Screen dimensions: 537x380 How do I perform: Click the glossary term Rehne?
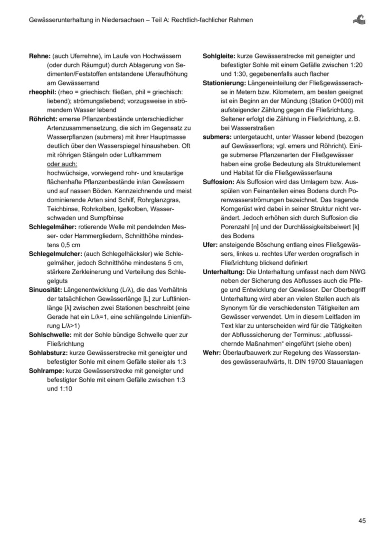(39, 56)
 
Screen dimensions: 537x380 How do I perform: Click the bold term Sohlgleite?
(218, 56)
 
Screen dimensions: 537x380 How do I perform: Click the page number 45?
(362, 521)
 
